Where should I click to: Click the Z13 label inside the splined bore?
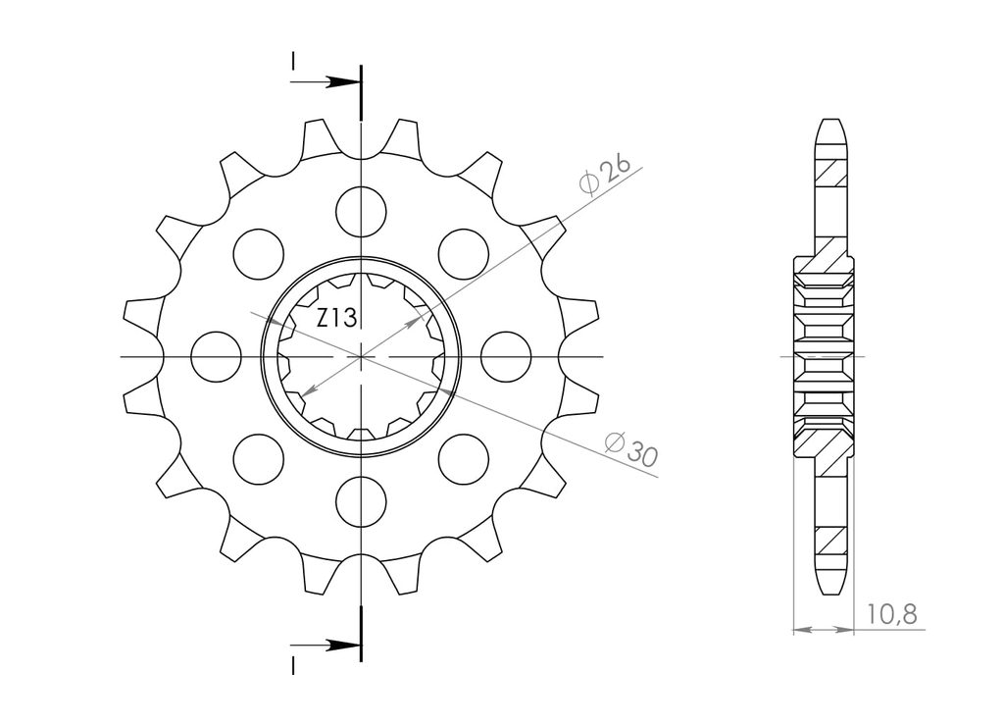pos(337,318)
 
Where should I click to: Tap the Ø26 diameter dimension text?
pos(604,174)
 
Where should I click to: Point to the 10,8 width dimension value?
pos(892,614)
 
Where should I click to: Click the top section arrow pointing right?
pos(326,82)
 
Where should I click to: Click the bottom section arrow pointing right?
pos(326,645)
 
